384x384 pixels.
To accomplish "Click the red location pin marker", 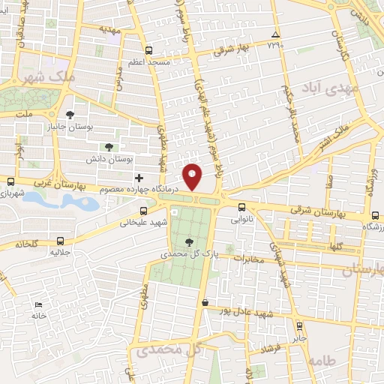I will pyautogui.click(x=193, y=176).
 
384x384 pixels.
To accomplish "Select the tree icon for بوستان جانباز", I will pyautogui.click(x=70, y=115).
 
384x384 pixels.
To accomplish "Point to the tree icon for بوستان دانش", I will pyautogui.click(x=109, y=147).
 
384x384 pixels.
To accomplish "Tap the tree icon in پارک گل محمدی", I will pyautogui.click(x=188, y=241).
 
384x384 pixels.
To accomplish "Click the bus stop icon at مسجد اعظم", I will pyautogui.click(x=148, y=50).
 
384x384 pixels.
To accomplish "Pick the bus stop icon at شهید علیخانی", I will pyautogui.click(x=143, y=210).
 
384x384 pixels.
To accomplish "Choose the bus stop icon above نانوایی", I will pyautogui.click(x=241, y=208).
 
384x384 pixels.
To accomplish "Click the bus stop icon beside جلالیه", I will pyautogui.click(x=60, y=241).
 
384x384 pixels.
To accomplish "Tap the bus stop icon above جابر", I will pyautogui.click(x=300, y=325).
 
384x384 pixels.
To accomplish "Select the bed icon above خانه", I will pyautogui.click(x=38, y=304).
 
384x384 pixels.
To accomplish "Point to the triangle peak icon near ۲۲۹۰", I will pyautogui.click(x=276, y=35).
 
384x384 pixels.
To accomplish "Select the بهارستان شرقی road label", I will pyautogui.click(x=316, y=213).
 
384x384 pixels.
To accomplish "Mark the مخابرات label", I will pyautogui.click(x=248, y=259).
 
